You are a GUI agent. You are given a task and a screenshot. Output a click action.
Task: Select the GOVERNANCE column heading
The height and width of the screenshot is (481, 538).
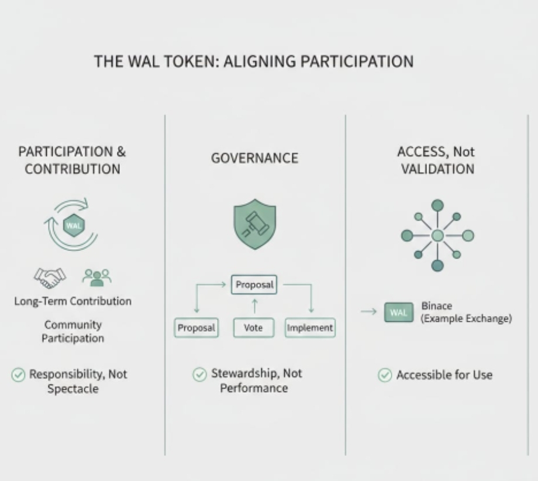coord(254,158)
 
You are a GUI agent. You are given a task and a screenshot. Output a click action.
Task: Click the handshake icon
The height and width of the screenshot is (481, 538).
coord(50,277)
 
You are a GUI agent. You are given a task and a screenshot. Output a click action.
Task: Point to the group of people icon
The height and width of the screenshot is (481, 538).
coord(96,277)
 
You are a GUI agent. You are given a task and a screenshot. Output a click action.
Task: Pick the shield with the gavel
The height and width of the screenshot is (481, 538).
coord(255,225)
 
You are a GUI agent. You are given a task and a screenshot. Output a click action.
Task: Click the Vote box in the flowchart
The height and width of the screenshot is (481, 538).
coord(253,328)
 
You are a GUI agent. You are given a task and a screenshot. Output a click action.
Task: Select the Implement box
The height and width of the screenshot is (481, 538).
coord(310,328)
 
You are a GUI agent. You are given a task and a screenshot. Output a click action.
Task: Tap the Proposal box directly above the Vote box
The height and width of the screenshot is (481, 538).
coord(254,285)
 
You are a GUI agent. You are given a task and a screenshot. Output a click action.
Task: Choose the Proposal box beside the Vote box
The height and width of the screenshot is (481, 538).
coord(196,328)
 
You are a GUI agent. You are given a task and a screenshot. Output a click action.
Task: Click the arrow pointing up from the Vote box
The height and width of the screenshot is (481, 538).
coord(254,306)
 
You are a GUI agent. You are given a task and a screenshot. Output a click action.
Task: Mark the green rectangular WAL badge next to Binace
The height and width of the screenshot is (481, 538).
coord(398,312)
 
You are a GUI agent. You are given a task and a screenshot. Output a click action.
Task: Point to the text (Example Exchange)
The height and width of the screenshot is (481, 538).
coord(466,319)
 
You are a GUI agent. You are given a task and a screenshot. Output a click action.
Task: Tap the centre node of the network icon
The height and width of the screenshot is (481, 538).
coord(437,235)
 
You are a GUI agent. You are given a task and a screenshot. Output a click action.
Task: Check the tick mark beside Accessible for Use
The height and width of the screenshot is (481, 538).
coord(385,375)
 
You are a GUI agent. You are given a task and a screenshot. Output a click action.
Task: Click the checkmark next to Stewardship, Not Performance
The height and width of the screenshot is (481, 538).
coord(200,374)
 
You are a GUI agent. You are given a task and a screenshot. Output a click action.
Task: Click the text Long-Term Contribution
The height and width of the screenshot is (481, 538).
coord(73,301)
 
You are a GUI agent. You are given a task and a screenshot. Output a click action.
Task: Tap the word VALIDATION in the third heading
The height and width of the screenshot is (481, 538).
coord(437,169)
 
